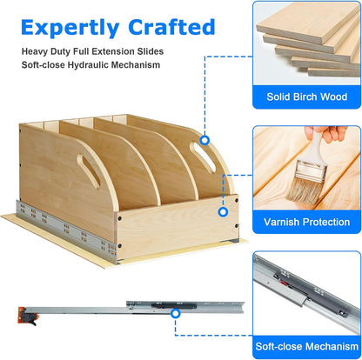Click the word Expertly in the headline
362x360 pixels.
pos(70,29)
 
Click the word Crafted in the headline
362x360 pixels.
pos(171,27)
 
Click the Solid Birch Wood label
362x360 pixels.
pos(306,97)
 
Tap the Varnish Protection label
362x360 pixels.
pos(306,222)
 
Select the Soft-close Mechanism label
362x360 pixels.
pos(306,346)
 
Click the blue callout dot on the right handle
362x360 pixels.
pos(204,140)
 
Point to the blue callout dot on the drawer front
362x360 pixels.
pos(223,212)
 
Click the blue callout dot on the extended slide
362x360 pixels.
pos(175,314)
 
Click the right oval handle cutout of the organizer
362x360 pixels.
pos(203,157)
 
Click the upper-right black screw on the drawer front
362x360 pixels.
pos(237,200)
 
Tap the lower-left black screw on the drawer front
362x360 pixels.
pos(119,246)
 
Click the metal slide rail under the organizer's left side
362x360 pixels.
pos(66,231)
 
